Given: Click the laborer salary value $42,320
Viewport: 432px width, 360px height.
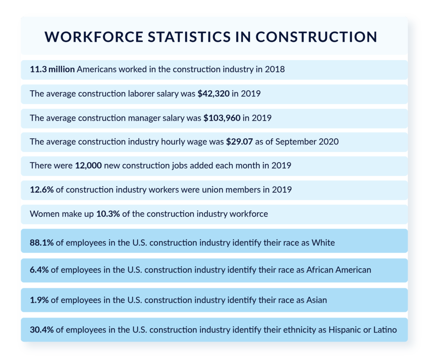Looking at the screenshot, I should tap(213, 94).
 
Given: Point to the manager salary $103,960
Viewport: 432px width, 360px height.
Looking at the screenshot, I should tap(222, 118).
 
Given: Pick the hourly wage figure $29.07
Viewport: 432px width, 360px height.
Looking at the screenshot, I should tap(239, 142).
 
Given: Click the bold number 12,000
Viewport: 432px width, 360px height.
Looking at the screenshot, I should tap(88, 166).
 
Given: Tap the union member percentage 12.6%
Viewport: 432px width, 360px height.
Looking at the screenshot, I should tap(41, 190).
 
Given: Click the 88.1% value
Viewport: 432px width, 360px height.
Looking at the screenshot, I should tap(41, 243).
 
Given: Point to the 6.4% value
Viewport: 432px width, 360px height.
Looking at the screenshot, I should tap(39, 270).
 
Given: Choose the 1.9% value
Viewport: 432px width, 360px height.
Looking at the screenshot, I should tap(39, 300).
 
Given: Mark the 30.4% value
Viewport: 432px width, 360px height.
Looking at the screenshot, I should tap(41, 330).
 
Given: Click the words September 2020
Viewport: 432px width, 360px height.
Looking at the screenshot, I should tap(307, 142).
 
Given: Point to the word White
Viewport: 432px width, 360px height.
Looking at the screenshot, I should tap(324, 243).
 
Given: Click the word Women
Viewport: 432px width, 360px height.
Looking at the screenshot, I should tap(43, 214).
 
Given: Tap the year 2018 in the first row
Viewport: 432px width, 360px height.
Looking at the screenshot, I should tap(275, 70).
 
